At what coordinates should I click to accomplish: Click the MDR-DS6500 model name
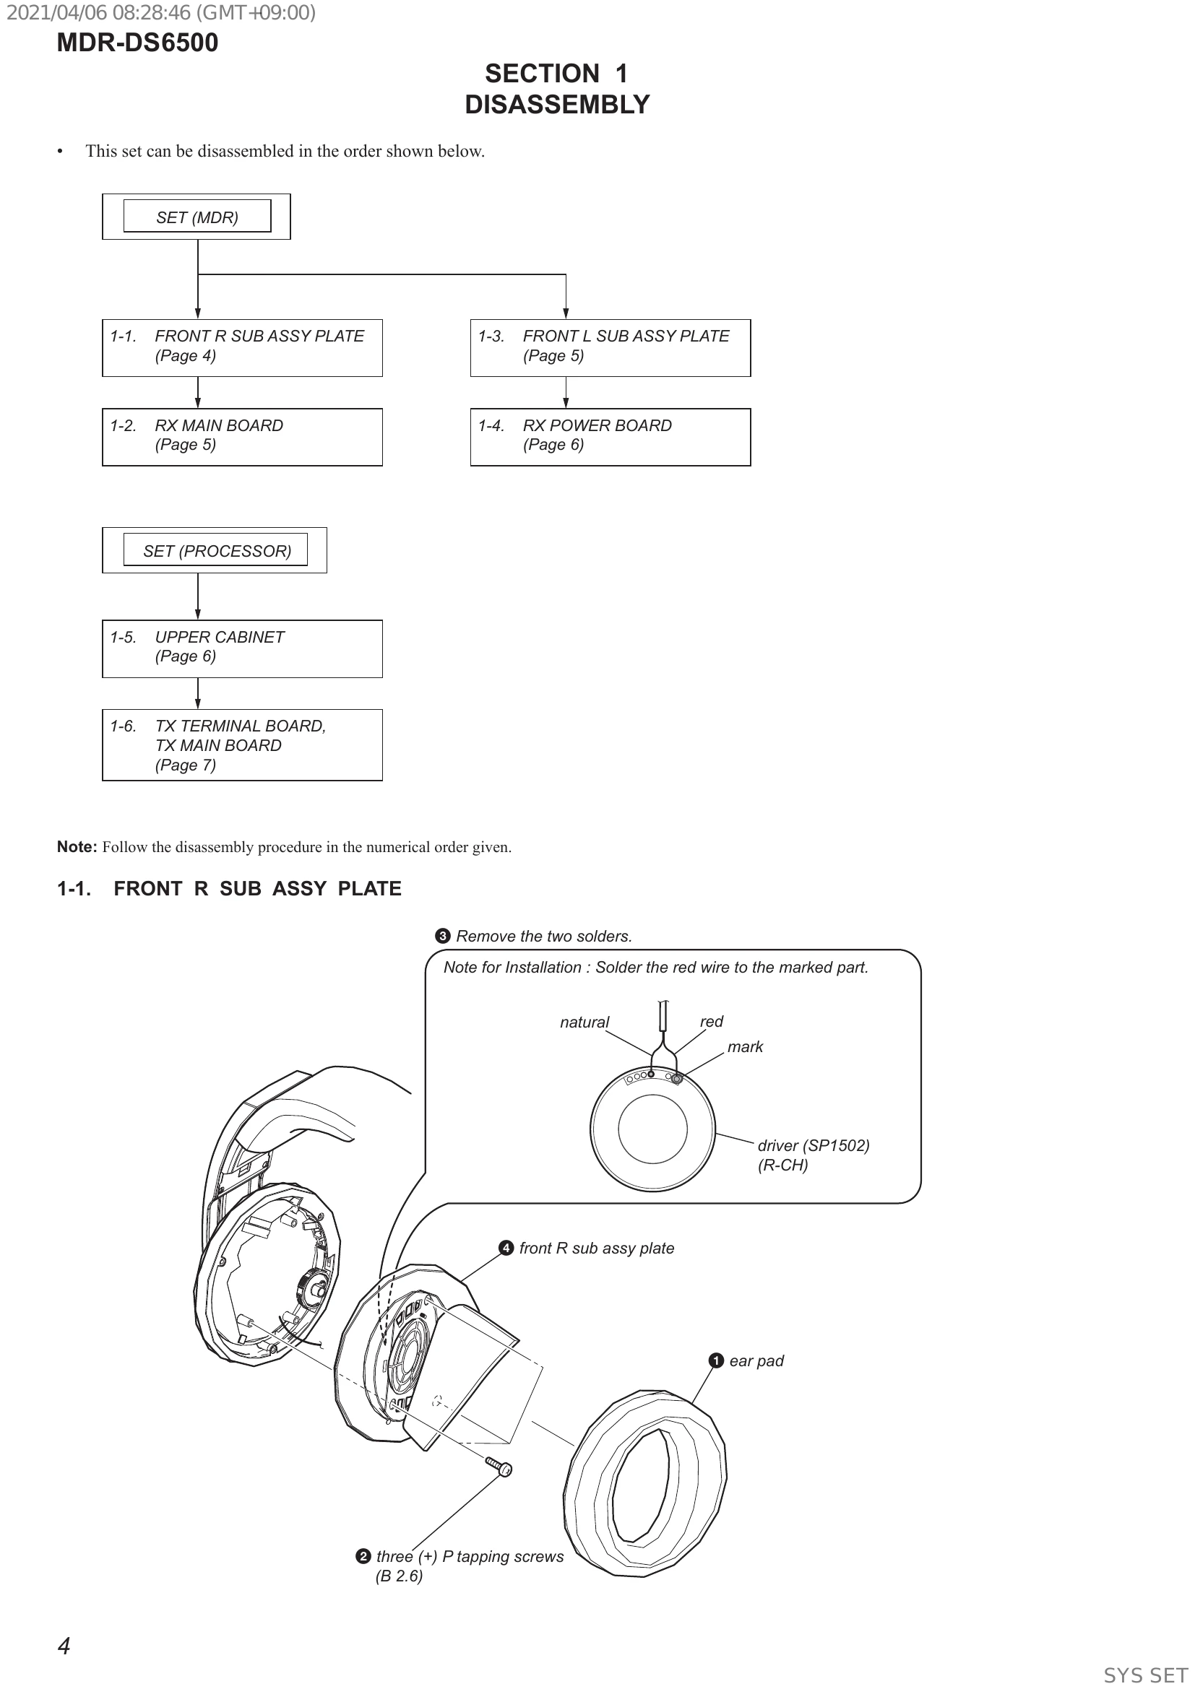click(137, 43)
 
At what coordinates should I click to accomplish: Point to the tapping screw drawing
click(499, 1465)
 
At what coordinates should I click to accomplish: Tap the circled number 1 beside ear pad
click(716, 1360)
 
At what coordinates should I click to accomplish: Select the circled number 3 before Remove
click(442, 936)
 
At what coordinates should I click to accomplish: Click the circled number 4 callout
click(506, 1248)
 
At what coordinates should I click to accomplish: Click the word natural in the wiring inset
click(584, 1022)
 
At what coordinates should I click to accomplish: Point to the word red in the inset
click(712, 1021)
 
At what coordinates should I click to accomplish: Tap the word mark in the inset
click(746, 1046)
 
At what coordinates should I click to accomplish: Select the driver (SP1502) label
click(814, 1145)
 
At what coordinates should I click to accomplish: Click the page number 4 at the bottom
click(64, 1646)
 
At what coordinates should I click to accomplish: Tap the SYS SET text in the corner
click(1145, 1676)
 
